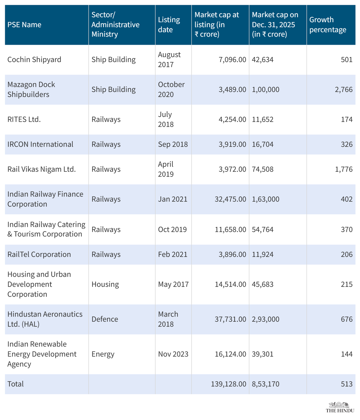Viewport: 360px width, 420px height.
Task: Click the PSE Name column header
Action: tap(24, 25)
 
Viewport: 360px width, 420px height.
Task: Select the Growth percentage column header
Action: tap(328, 25)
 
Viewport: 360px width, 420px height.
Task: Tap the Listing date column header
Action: tap(169, 25)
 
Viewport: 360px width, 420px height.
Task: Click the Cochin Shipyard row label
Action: tap(34, 60)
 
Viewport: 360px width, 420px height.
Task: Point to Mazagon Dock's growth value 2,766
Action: tap(343, 90)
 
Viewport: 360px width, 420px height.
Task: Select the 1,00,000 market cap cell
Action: tap(265, 90)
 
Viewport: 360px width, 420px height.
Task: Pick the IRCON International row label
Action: tap(40, 144)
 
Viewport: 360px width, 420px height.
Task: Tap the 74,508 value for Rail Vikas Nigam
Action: tap(262, 169)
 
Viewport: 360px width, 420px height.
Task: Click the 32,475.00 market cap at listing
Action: tap(230, 199)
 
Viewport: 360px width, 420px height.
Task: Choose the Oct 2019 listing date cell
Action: tap(172, 230)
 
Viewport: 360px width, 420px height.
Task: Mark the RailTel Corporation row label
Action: tap(39, 255)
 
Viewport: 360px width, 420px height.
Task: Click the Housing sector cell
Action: tap(105, 284)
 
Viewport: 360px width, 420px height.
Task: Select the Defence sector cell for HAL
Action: tap(105, 319)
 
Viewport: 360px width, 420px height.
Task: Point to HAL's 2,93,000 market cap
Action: tap(265, 319)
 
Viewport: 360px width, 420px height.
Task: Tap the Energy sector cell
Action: tap(103, 354)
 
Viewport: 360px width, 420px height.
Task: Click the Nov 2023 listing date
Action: tap(173, 354)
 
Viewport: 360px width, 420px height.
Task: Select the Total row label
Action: tap(16, 384)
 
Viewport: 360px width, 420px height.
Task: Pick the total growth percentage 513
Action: tap(346, 384)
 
